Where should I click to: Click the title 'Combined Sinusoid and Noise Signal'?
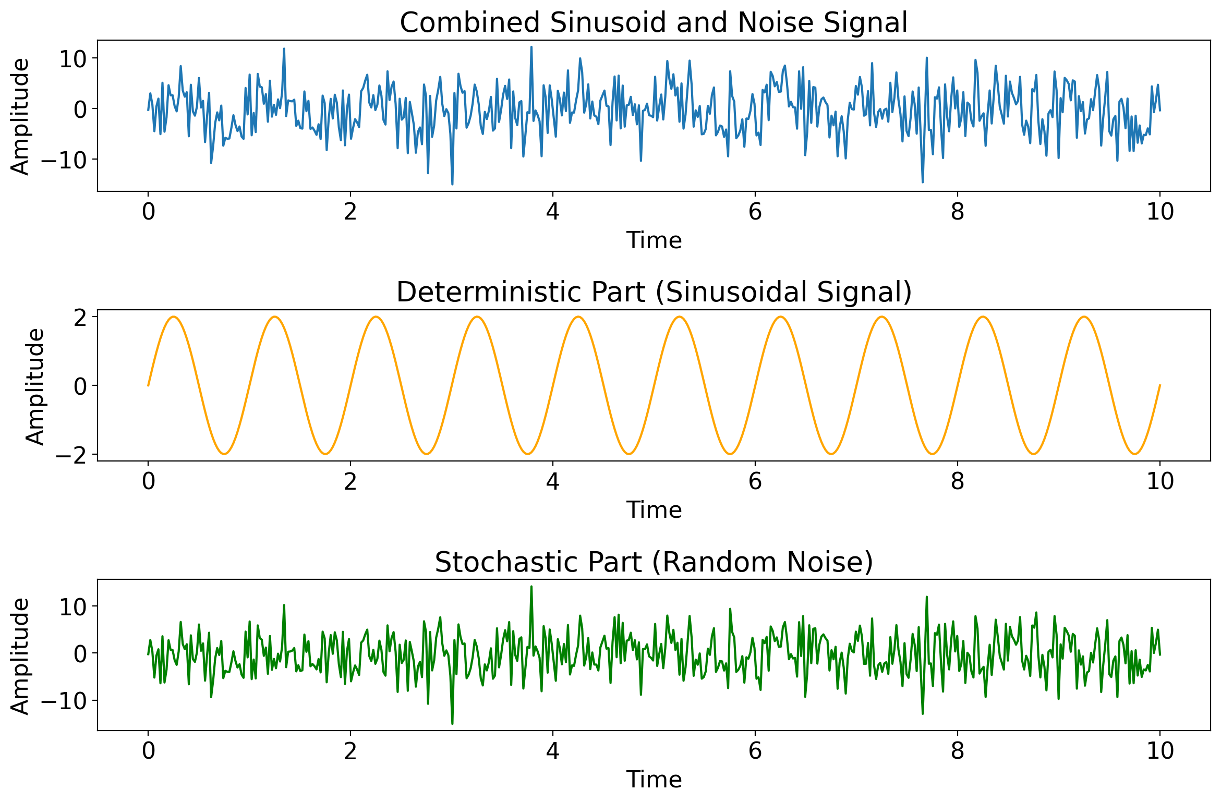[x=654, y=23]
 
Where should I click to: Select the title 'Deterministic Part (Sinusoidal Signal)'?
[x=654, y=292]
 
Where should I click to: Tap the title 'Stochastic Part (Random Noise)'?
[x=654, y=562]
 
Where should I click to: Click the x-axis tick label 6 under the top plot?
[x=755, y=212]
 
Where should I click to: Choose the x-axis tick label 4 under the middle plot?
[x=552, y=481]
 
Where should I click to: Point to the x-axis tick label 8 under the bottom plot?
[x=957, y=751]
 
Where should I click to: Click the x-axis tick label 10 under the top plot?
[x=1160, y=212]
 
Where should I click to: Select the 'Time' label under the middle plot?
[x=654, y=510]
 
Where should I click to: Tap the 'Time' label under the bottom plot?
[x=654, y=780]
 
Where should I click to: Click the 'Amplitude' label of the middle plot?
[x=35, y=386]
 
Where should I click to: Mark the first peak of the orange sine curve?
[x=174, y=317]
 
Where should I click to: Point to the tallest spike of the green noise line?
[x=531, y=587]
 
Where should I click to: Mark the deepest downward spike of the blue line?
[x=452, y=184]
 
